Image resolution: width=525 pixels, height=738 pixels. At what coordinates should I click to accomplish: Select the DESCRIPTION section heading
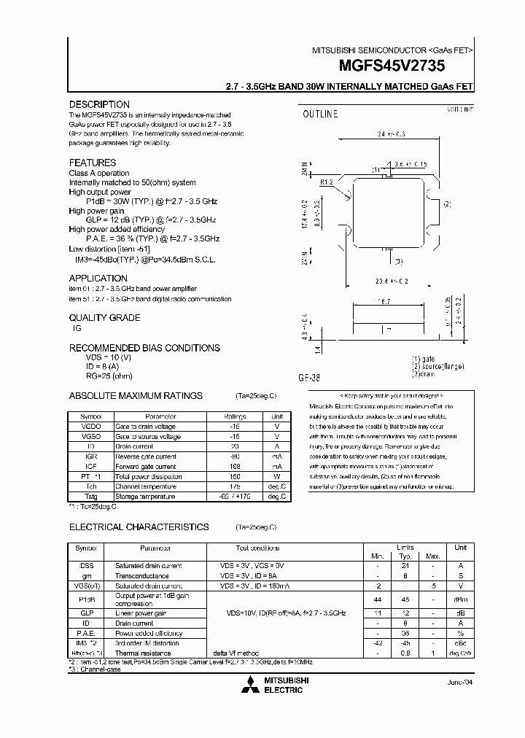pos(99,104)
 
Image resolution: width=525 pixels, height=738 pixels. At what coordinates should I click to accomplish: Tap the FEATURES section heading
pos(93,163)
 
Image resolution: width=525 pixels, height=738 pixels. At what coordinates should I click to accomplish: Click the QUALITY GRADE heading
pos(104,317)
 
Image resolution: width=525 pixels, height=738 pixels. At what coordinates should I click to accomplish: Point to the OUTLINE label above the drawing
pos(320,114)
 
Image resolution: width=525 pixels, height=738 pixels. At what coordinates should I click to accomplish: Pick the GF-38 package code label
pos(309,378)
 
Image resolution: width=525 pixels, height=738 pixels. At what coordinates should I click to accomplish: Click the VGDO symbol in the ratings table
pos(91,426)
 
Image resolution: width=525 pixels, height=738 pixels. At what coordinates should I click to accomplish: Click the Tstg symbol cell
pos(91,497)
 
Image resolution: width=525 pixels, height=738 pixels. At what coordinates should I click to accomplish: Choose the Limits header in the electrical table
pos(405,547)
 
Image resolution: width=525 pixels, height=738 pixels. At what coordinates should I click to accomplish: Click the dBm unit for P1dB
pos(460,600)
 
